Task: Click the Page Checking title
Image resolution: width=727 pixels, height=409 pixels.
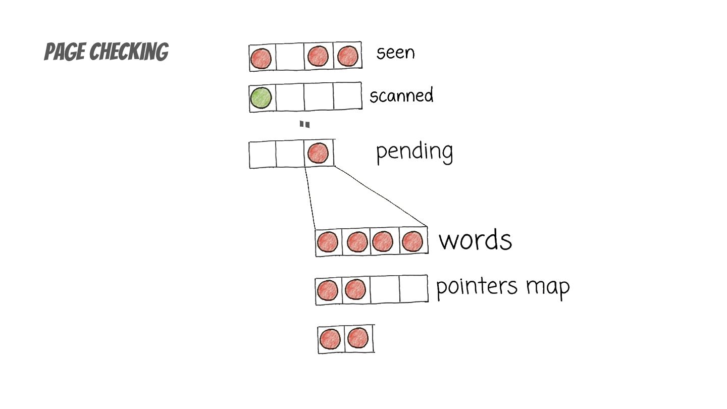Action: coord(106,52)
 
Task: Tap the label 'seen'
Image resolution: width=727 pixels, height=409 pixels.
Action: coord(395,53)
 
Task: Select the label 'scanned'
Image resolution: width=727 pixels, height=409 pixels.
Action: coord(401,95)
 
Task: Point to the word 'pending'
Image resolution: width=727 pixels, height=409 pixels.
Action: coord(414,151)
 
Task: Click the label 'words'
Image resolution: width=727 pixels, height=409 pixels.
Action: coord(475,240)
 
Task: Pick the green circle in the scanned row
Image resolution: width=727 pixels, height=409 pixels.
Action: coord(261,97)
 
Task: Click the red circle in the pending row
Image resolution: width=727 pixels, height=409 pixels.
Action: coord(318,152)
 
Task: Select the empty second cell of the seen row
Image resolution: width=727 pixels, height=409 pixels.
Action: coord(289,57)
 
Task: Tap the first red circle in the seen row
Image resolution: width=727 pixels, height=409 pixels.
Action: coord(261,58)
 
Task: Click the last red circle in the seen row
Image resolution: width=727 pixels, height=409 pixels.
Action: coord(347,56)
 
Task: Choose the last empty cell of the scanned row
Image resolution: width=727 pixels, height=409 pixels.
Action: coord(347,96)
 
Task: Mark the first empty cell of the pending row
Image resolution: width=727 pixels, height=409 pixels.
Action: coord(262,155)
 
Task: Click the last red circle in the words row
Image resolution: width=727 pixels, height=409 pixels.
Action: coord(412,241)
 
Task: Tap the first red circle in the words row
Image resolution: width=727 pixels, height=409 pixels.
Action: coord(328,242)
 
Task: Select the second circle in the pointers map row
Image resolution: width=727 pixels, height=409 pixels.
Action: coord(355,290)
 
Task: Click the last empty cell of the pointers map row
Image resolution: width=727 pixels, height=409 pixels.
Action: coord(413,289)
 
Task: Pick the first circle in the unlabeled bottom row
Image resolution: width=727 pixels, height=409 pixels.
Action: coord(330,339)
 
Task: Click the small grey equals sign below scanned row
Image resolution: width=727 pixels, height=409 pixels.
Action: coord(304,124)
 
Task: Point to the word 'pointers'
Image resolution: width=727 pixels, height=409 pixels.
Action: coord(477,287)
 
